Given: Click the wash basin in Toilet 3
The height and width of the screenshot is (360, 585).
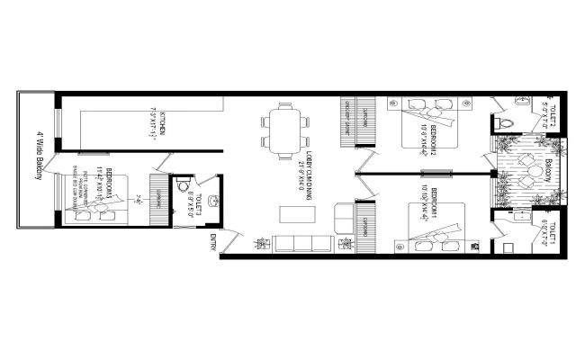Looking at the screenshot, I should (214, 201).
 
